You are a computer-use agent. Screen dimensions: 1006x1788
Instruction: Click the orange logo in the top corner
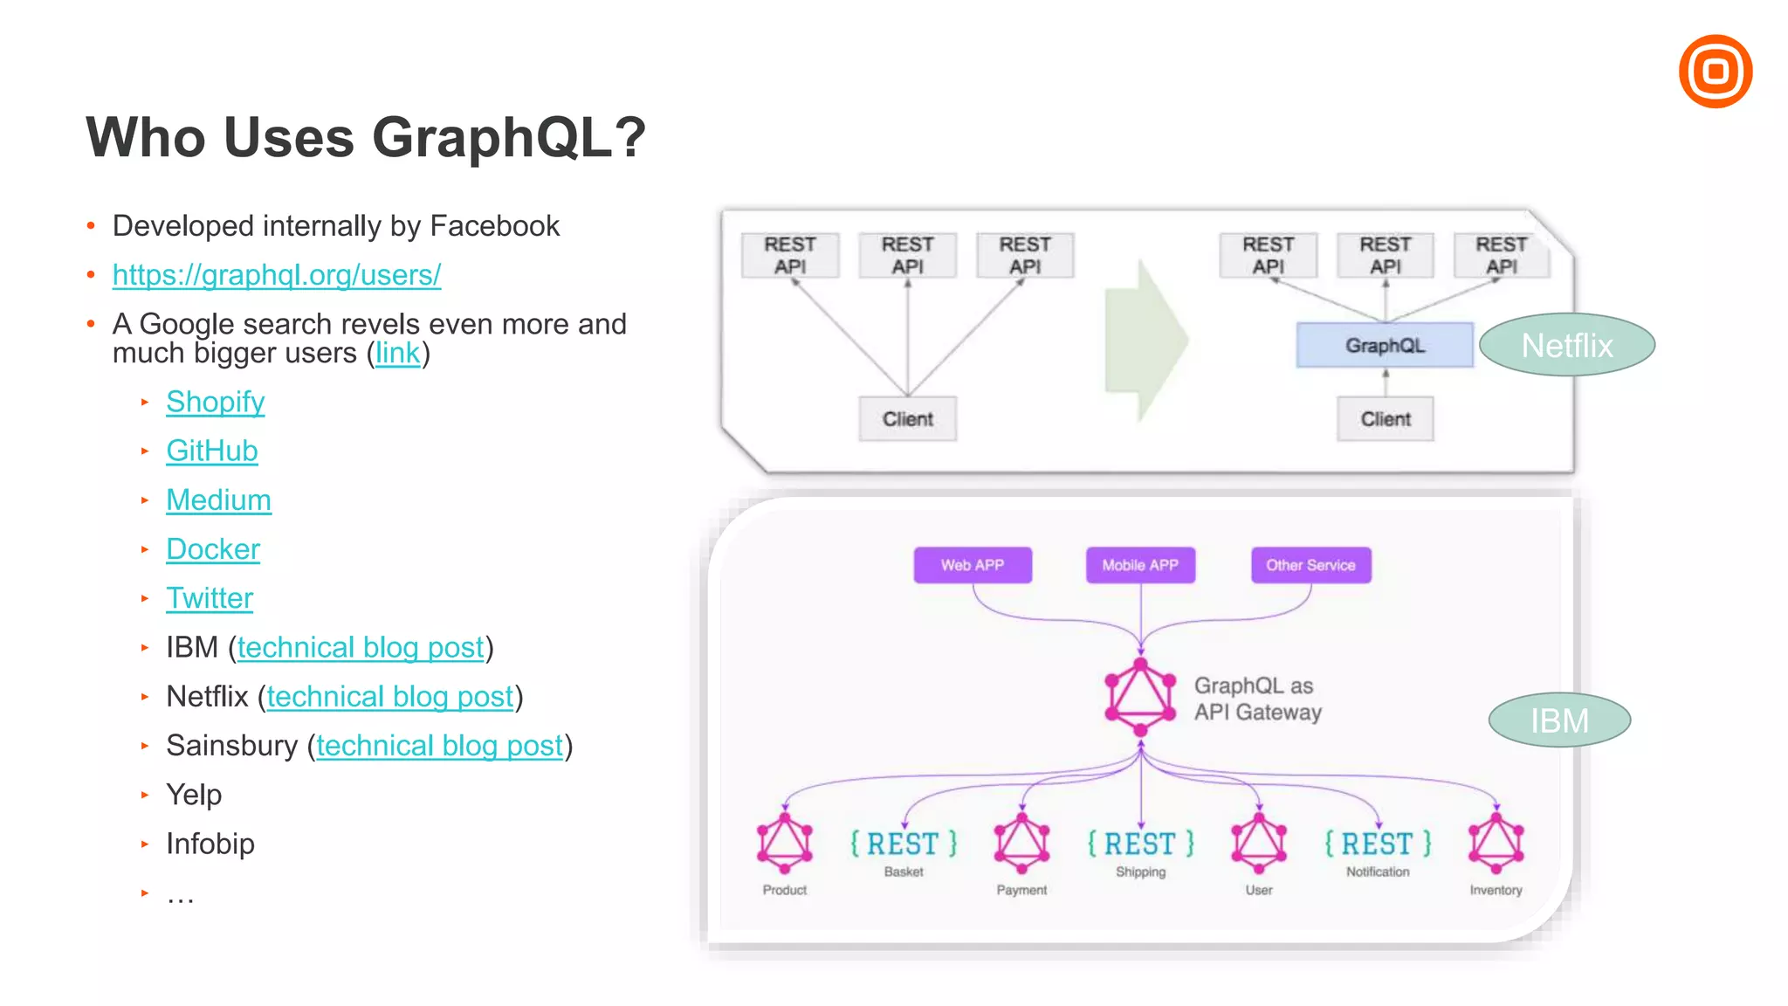[x=1715, y=72]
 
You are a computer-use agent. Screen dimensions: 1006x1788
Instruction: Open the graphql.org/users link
[x=277, y=275]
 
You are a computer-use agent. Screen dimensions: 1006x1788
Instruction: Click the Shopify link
[x=216, y=402]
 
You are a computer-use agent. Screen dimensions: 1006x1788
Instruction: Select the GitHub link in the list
[x=212, y=451]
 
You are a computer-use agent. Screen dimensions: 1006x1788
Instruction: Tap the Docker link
[x=213, y=549]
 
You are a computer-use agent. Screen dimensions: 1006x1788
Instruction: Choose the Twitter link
[x=210, y=598]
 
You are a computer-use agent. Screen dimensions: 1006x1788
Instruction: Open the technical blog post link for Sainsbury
[x=439, y=746]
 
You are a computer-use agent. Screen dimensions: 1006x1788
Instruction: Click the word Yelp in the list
[x=194, y=795]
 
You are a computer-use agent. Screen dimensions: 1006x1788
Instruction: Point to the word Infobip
[x=210, y=844]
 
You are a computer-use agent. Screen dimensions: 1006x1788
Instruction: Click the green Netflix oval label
[x=1567, y=345]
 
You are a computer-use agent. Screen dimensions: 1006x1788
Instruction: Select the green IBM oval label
[x=1559, y=720]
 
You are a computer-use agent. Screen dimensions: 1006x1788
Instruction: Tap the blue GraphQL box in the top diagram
[x=1385, y=345]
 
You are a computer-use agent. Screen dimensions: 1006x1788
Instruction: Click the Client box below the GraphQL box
[x=1385, y=419]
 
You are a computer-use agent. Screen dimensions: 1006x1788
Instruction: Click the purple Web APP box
[x=973, y=565]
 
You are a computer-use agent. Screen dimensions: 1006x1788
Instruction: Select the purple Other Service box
[x=1310, y=565]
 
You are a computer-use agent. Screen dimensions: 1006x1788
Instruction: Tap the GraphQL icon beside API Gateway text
[x=1140, y=697]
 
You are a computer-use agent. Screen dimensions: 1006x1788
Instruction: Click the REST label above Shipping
[x=1140, y=844]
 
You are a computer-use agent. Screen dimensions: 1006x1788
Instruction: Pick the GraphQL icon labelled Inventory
[x=1496, y=844]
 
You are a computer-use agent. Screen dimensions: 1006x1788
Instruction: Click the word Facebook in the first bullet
[x=494, y=226]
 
